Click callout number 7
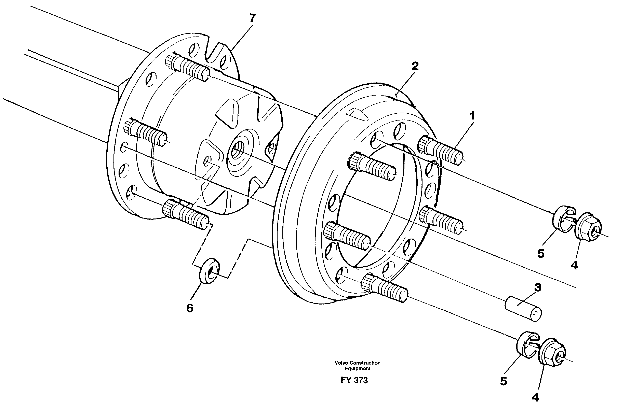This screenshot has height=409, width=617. tap(252, 18)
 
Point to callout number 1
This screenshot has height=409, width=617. tap(472, 116)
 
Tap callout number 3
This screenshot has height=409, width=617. tap(538, 287)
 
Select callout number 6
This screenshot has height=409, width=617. tap(190, 308)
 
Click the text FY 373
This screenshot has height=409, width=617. tap(354, 380)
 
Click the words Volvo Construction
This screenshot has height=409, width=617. tap(357, 363)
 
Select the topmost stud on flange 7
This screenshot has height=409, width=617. tap(187, 67)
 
